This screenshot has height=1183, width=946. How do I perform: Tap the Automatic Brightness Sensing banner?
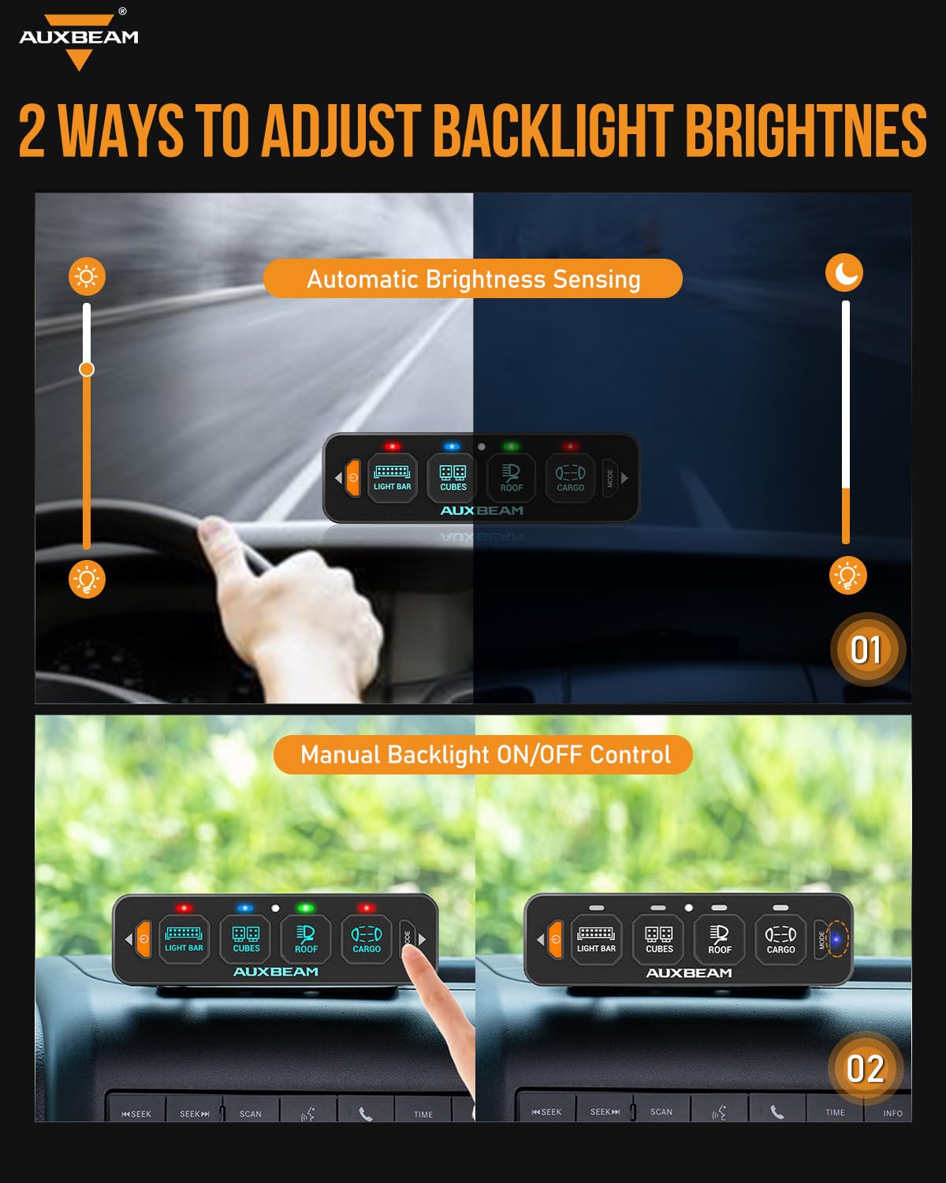pos(473,278)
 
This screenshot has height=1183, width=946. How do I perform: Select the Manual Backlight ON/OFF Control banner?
pos(483,755)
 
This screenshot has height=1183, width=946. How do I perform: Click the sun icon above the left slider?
pos(87,276)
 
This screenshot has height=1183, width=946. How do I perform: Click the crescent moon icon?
pos(844,273)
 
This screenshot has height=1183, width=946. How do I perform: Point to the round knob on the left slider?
pos(87,369)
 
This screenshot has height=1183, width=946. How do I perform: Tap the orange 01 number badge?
pos(866,650)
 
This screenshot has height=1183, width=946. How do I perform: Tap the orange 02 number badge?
pos(865,1069)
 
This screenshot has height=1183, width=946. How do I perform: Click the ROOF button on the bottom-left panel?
pos(306,939)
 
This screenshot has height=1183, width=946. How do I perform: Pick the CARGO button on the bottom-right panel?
pos(780,939)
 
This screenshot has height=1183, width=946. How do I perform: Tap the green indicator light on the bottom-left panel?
pos(305,909)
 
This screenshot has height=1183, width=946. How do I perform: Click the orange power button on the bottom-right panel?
pos(556,939)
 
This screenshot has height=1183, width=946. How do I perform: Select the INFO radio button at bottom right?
pos(892,1113)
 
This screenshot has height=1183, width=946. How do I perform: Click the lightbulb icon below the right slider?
pos(847,576)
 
